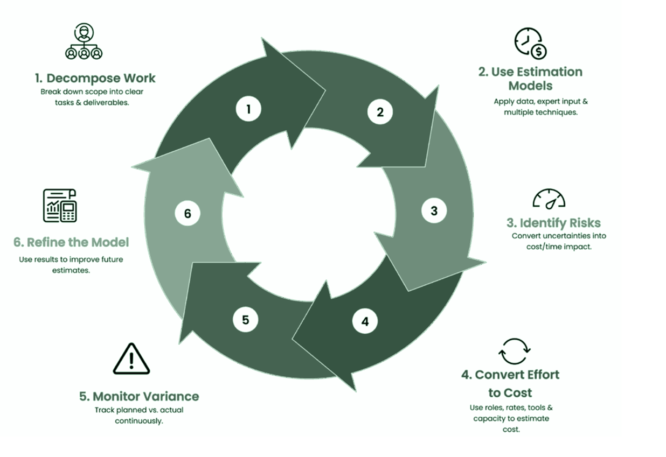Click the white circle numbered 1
(x=248, y=109)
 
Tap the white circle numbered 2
(x=380, y=112)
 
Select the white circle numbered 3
(x=434, y=210)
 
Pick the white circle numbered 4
(x=365, y=322)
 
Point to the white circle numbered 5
(x=246, y=320)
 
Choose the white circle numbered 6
(x=188, y=213)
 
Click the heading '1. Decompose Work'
(x=95, y=78)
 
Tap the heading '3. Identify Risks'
(x=553, y=223)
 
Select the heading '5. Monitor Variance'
(x=139, y=397)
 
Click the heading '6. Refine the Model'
(x=71, y=242)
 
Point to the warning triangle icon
(x=131, y=358)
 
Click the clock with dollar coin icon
(x=530, y=43)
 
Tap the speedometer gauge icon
(x=549, y=199)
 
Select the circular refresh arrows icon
(x=515, y=351)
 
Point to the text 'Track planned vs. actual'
(x=139, y=410)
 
